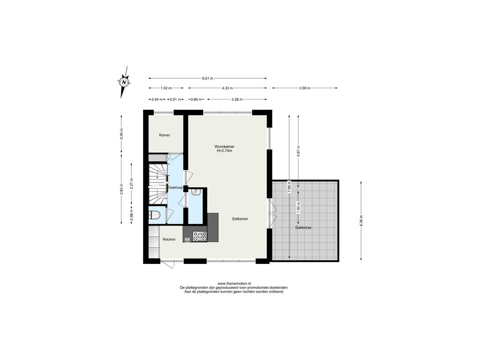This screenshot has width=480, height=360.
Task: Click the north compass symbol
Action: [124, 82]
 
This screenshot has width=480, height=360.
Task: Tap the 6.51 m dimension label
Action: [208, 78]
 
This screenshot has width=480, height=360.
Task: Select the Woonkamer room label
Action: [225, 147]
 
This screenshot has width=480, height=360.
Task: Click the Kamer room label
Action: [165, 135]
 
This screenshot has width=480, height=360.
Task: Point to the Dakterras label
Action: [303, 227]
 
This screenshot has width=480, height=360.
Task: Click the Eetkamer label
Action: [240, 219]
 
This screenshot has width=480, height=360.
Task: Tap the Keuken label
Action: [169, 240]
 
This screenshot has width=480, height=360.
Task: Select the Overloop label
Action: [175, 187]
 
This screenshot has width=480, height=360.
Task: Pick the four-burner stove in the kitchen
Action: [200, 236]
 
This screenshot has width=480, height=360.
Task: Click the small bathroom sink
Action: [195, 192]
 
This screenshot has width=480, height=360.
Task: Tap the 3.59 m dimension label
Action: [305, 88]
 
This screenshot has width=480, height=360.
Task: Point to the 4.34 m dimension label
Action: [361, 221]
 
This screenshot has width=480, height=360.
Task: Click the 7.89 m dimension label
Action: [289, 187]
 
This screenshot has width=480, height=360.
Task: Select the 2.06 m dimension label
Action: [121, 134]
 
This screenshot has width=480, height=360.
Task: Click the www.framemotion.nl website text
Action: [234, 284]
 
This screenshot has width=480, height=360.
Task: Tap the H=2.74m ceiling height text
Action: [225, 150]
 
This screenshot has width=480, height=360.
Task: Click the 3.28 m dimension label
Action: [237, 99]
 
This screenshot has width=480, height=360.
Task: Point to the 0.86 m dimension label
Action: [196, 99]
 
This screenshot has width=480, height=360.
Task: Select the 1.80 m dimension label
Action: [299, 207]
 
